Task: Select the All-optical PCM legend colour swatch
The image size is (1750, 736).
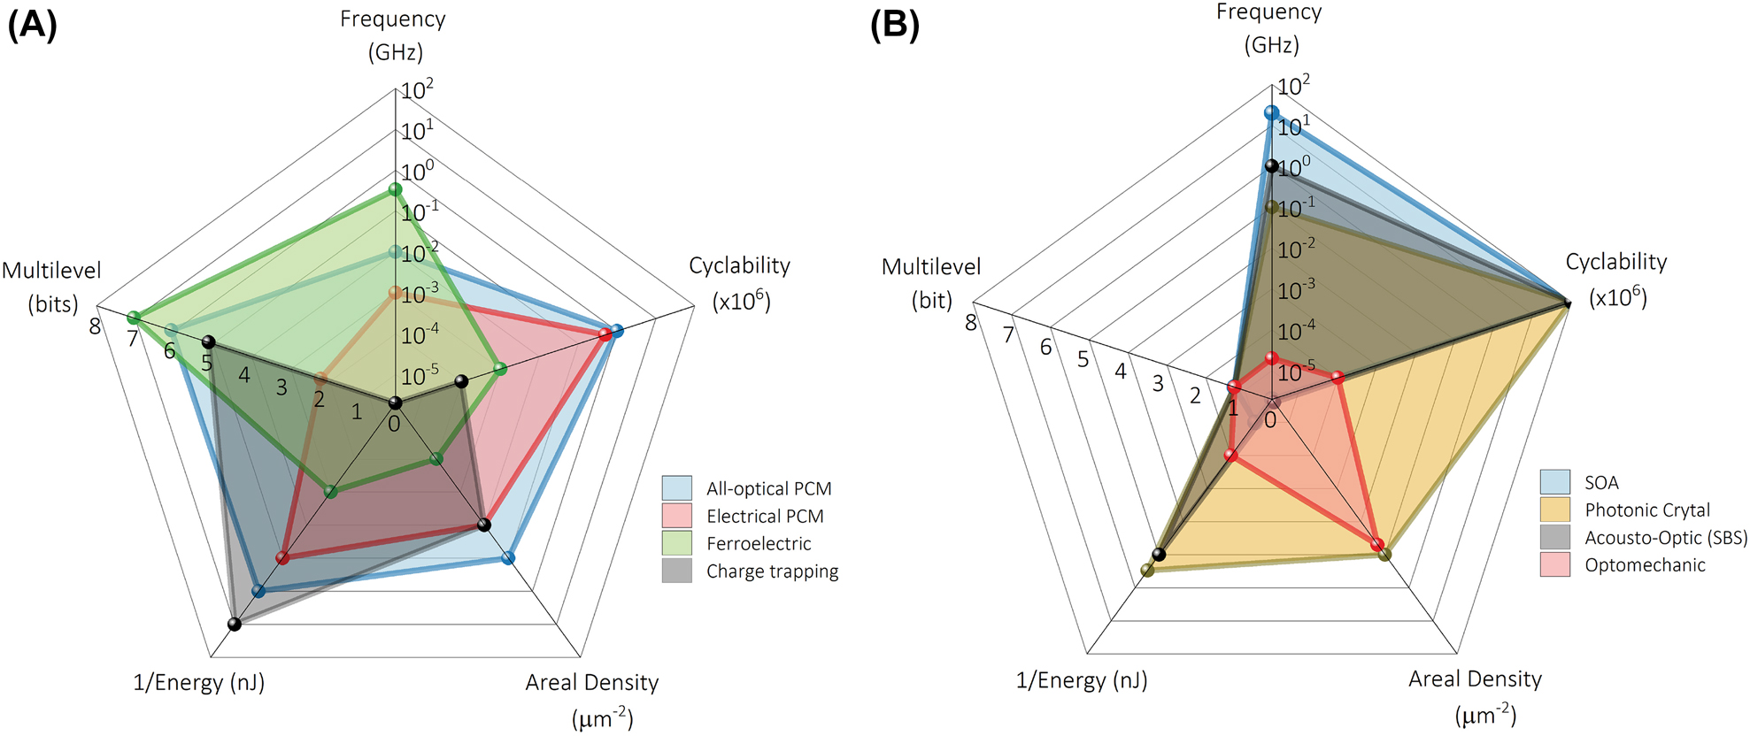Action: pyautogui.click(x=676, y=488)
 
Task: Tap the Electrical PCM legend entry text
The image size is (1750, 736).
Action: pyautogui.click(x=765, y=516)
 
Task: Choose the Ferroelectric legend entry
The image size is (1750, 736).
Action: pyautogui.click(x=759, y=543)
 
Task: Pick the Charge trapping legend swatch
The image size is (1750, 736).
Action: pyautogui.click(x=676, y=571)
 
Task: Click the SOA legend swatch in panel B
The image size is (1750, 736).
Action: pyautogui.click(x=1554, y=482)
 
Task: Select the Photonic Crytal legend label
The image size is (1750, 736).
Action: pyautogui.click(x=1647, y=510)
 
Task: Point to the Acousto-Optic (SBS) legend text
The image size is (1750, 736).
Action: pyautogui.click(x=1666, y=537)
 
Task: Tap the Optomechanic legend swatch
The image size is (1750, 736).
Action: pyautogui.click(x=1554, y=564)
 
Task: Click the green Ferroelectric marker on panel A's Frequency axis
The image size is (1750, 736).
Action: pyautogui.click(x=396, y=189)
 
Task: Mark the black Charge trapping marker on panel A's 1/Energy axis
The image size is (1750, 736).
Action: pyautogui.click(x=235, y=624)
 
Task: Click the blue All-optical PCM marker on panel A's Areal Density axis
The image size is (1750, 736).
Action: pyautogui.click(x=508, y=558)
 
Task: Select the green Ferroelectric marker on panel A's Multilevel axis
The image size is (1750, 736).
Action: pyautogui.click(x=134, y=318)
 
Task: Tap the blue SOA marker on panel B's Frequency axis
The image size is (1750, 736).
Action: pyautogui.click(x=1272, y=112)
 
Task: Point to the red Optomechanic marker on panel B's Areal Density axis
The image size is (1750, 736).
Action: pyautogui.click(x=1377, y=544)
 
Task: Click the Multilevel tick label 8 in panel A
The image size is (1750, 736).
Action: pyautogui.click(x=95, y=326)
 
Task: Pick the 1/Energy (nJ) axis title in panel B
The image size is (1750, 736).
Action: pyautogui.click(x=1082, y=680)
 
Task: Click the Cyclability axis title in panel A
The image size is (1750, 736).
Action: pyautogui.click(x=739, y=265)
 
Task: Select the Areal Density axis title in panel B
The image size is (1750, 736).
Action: pyautogui.click(x=1475, y=678)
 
